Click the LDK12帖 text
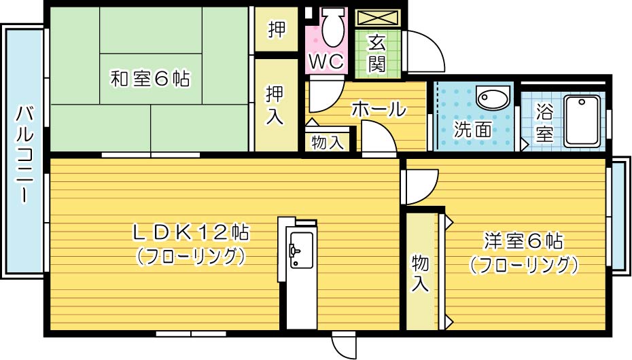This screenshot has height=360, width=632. (190, 233)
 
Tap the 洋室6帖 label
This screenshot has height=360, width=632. (523, 241)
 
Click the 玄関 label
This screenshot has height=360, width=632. (377, 54)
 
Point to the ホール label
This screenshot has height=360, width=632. (379, 109)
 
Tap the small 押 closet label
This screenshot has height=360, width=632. (276, 29)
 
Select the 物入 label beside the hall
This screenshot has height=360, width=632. (327, 142)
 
